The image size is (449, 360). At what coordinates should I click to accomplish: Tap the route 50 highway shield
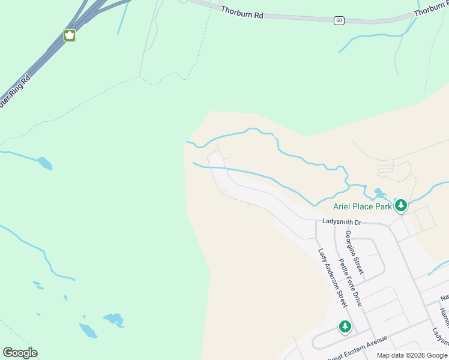(x=340, y=20)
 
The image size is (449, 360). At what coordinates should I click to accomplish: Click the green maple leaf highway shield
(x=70, y=35)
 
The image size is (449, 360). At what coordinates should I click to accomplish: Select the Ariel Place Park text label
(x=363, y=206)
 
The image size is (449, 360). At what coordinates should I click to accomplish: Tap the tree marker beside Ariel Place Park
(x=401, y=206)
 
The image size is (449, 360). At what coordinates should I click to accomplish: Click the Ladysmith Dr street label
(x=342, y=222)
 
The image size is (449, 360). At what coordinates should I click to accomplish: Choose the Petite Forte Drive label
(x=349, y=283)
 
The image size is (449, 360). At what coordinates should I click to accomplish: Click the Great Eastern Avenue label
(x=358, y=347)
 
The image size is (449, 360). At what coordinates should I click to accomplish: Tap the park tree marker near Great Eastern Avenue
(x=345, y=326)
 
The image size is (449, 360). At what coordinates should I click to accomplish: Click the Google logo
(x=20, y=353)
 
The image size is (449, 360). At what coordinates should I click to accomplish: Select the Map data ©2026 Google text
(x=411, y=355)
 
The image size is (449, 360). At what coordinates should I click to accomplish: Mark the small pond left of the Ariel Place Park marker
(x=379, y=193)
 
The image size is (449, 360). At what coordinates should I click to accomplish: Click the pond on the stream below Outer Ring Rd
(x=44, y=163)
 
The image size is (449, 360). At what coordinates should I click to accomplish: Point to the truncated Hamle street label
(x=443, y=317)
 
